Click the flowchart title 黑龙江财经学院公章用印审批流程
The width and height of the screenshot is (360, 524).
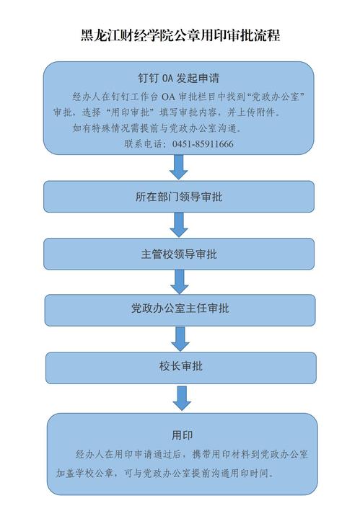[x=180, y=35]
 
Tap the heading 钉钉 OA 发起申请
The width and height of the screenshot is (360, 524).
[x=179, y=78]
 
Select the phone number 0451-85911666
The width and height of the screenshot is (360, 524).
[x=203, y=144]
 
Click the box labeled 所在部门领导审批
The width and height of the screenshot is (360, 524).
[x=179, y=197]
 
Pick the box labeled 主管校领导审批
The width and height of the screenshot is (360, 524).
[x=179, y=254]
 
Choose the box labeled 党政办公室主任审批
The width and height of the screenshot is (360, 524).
[x=180, y=310]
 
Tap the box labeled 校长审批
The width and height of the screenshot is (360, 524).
[x=181, y=368]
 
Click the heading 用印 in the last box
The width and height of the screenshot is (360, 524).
[x=182, y=435]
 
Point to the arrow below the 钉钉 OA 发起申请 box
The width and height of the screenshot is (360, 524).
[x=179, y=166]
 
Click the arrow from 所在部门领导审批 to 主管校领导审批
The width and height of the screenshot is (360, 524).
[x=179, y=225]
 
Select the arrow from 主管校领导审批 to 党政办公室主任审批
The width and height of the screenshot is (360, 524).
[x=180, y=282]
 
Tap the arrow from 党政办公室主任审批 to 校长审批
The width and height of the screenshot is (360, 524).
[x=180, y=339]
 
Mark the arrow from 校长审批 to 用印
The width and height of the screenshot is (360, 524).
[x=182, y=399]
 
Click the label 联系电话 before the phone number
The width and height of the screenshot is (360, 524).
[x=143, y=144]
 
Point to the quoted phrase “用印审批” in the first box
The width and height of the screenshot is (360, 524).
[x=130, y=112]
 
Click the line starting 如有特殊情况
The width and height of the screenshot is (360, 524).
[x=157, y=128]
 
